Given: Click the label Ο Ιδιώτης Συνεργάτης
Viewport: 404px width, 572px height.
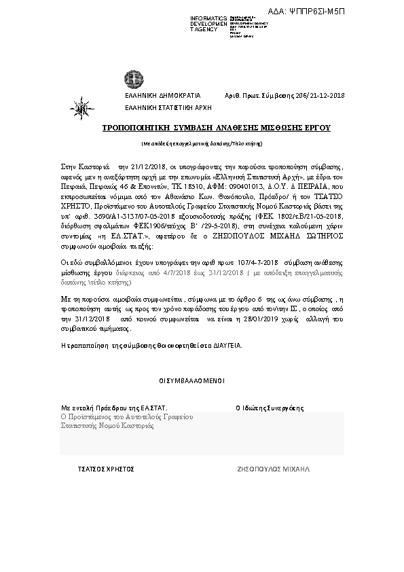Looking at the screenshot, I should [x=269, y=408].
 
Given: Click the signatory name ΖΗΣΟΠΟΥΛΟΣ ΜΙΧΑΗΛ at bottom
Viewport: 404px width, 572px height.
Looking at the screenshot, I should [x=273, y=469].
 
